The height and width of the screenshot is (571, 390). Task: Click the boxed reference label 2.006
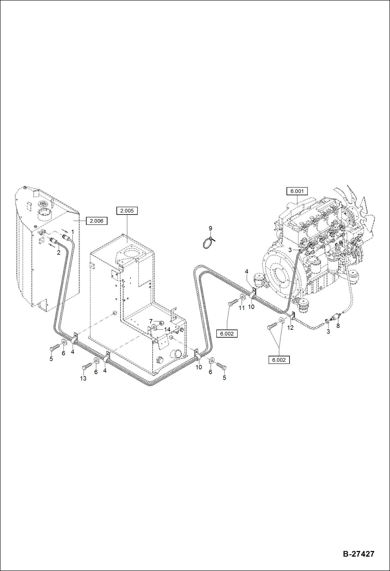point(96,221)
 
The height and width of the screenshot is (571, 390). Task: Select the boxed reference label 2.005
point(127,211)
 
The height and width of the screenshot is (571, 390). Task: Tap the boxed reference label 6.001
point(297,191)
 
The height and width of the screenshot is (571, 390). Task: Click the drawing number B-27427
point(358,554)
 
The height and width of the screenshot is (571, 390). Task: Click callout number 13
point(83,378)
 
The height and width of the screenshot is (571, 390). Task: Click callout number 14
point(167,329)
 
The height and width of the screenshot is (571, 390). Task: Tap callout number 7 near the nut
point(151,321)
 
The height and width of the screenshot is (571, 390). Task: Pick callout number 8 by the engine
point(338,325)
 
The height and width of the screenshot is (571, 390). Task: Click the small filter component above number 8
point(336,317)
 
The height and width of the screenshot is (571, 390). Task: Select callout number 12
point(290,328)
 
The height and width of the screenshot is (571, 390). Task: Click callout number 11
point(242,308)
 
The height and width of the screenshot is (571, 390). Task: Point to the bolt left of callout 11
point(233,302)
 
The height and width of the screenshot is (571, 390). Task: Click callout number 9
point(210,228)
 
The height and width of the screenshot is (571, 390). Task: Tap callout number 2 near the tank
point(59,252)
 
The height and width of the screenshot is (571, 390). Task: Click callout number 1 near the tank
point(73,232)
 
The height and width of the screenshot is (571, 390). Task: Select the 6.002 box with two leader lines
point(279,360)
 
